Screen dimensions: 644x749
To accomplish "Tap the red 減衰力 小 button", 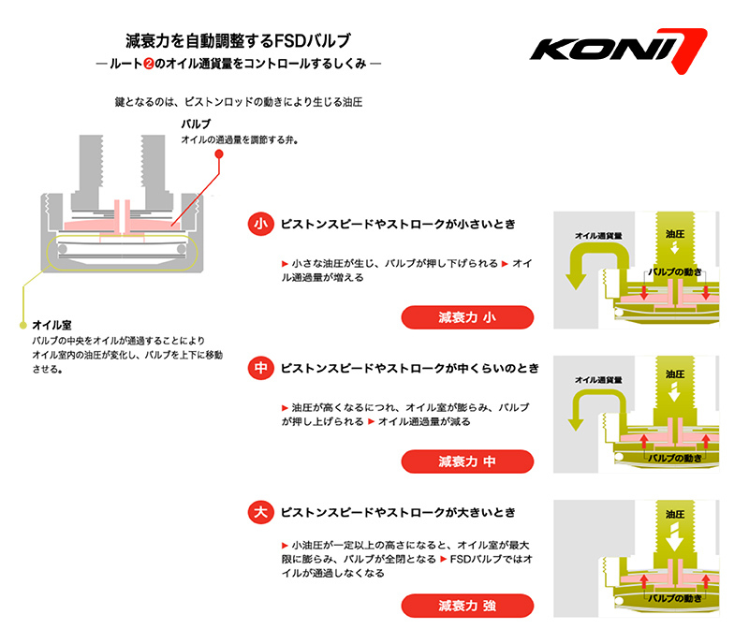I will point(467,318).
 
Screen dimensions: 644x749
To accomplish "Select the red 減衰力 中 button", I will point(467,461).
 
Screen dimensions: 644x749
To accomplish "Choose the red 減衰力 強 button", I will point(467,606).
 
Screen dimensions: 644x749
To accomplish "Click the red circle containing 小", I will point(260,226).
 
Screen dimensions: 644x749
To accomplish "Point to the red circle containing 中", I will point(260,370).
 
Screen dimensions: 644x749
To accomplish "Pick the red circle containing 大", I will point(260,513).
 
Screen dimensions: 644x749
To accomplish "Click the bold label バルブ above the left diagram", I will point(196,124).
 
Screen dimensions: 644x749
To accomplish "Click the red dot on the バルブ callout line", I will point(218,153).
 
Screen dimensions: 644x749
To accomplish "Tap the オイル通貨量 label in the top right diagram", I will point(599,237).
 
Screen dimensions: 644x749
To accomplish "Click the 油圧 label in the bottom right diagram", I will point(674,515).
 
